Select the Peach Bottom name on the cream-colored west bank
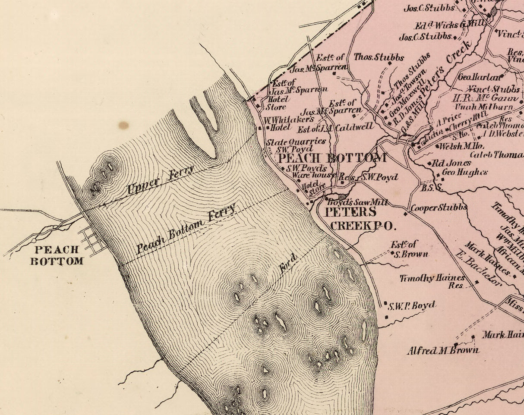[x=57, y=255]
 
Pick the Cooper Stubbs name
[x=439, y=208]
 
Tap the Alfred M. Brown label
[x=443, y=350]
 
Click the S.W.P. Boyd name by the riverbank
[x=411, y=306]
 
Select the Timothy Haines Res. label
[x=432, y=281]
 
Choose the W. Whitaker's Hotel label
[x=289, y=123]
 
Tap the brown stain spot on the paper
[x=123, y=126]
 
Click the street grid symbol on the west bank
[x=92, y=240]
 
